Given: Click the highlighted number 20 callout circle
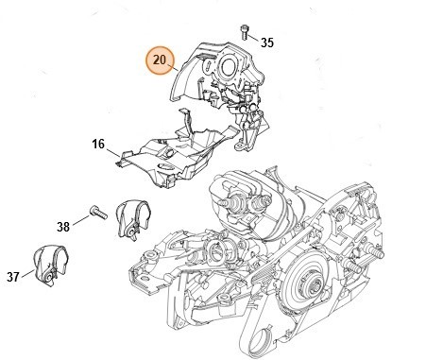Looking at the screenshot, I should click(159, 61).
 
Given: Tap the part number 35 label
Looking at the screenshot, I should click(266, 43).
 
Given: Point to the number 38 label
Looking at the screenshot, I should click(64, 226).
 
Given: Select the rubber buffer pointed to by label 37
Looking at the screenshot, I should click(46, 264).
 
